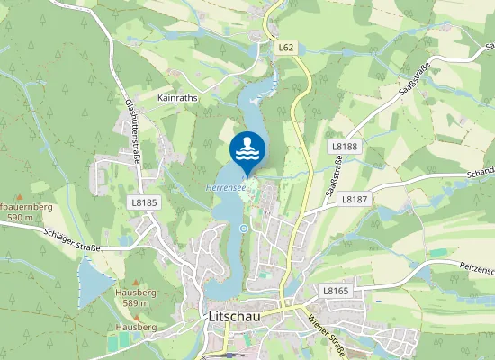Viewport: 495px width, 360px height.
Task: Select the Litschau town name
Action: [236, 317]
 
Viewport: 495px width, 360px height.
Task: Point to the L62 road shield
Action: [286, 48]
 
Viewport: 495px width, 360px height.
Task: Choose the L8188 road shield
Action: [344, 146]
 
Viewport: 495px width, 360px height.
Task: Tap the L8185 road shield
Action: [143, 202]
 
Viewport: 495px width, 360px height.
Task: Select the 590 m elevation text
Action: [19, 218]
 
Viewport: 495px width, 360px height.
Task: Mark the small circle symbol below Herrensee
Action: [243, 229]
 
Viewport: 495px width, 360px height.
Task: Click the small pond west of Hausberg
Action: [94, 280]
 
